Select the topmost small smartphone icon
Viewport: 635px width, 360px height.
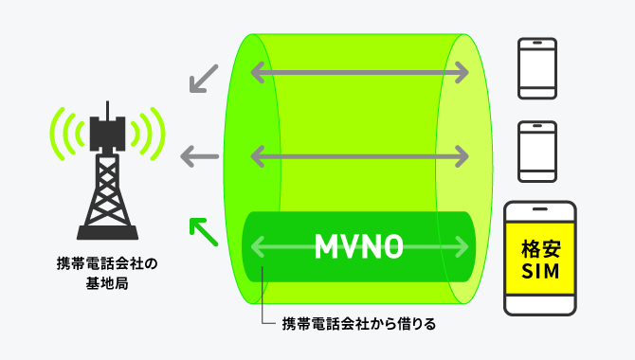(x=537, y=67)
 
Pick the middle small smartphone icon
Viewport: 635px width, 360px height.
(x=537, y=150)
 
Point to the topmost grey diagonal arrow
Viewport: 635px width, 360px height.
(x=203, y=79)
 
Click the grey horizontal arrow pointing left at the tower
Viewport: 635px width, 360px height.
(x=200, y=154)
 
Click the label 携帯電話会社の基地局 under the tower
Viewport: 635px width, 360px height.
(x=107, y=272)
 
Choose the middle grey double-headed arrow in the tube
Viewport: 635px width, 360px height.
(x=359, y=153)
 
